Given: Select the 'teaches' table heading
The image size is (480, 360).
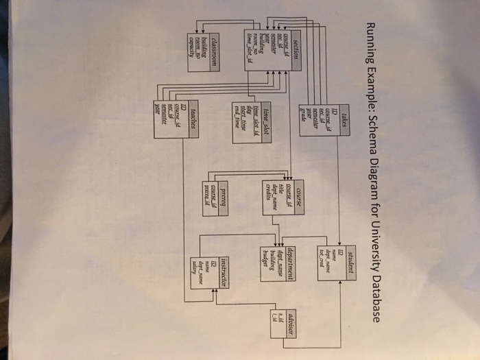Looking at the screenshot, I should [195, 112].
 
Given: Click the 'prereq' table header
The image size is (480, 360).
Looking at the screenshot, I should [223, 184].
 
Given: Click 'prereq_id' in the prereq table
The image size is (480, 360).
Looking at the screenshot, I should [206, 186].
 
